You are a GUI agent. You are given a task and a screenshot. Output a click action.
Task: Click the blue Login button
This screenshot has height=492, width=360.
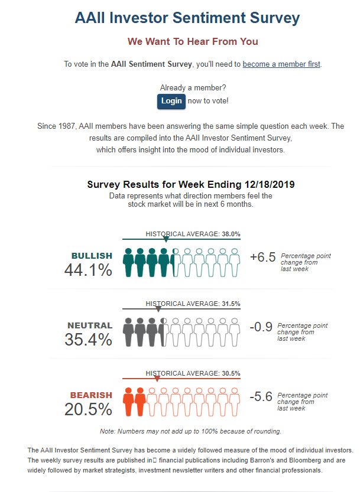click(x=171, y=101)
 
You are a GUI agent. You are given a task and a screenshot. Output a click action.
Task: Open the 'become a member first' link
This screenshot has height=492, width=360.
click(x=281, y=64)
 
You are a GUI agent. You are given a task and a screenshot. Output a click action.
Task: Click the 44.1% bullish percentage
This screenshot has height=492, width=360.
click(x=88, y=270)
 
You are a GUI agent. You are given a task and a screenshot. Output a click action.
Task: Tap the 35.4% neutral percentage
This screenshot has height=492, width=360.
click(x=88, y=340)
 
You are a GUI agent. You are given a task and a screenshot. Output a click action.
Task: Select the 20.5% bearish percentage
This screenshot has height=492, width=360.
click(x=88, y=409)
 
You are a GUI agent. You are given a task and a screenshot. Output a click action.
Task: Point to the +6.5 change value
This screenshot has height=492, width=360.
click(x=263, y=257)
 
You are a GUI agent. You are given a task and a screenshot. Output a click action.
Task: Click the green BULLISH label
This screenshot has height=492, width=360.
click(x=92, y=256)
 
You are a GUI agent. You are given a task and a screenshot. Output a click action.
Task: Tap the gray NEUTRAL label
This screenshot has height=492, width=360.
click(x=90, y=325)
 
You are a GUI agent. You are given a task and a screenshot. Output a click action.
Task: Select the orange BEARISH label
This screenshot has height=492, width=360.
click(x=91, y=395)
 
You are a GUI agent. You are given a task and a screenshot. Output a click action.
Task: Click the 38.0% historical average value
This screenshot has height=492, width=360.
click(x=231, y=234)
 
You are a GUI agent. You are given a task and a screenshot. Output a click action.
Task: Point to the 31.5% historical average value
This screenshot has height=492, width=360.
click(x=231, y=304)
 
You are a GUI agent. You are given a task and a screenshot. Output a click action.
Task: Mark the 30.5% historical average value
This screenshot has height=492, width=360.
click(x=231, y=373)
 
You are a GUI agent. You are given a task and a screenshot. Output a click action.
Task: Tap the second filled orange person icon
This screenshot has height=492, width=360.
click(x=140, y=402)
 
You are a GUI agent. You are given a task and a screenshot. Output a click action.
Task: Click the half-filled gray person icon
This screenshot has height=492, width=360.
click(x=164, y=332)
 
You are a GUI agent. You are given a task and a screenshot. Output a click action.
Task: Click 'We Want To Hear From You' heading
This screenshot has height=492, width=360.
click(x=193, y=41)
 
